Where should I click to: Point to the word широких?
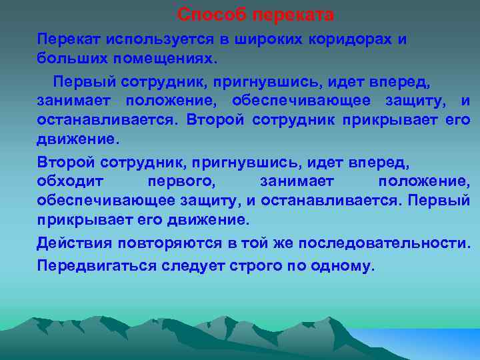[267, 39]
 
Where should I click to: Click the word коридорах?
[351, 39]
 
